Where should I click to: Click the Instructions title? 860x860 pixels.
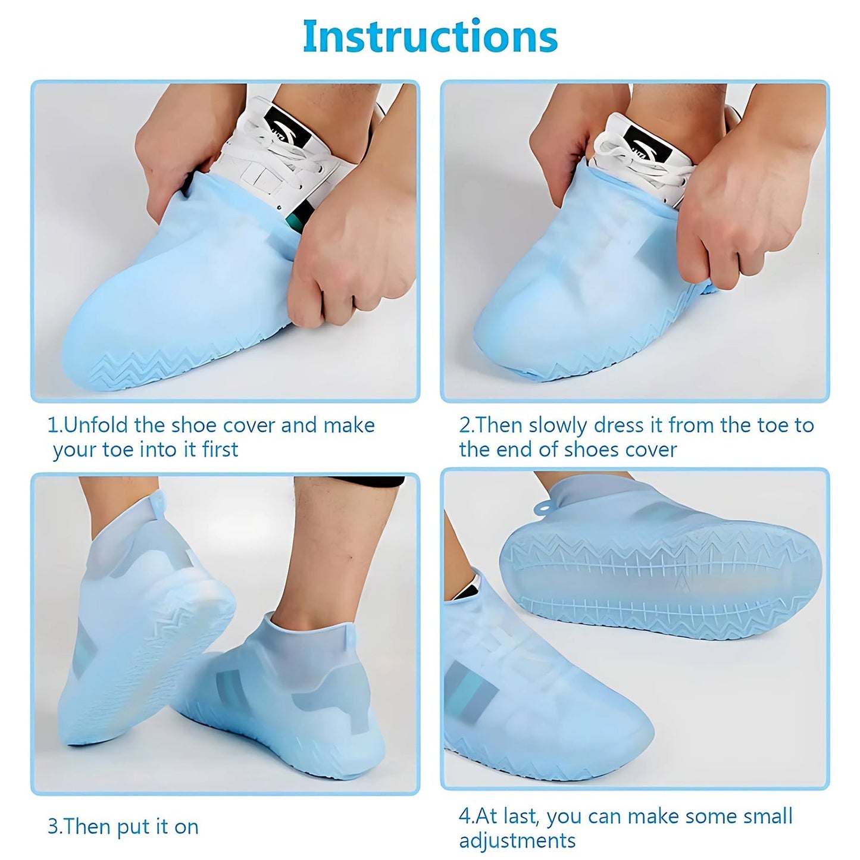pos(430,37)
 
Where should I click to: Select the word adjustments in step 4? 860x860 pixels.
pos(517,840)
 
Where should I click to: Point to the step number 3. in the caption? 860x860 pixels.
pos(55,827)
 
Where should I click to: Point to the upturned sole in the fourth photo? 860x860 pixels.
pos(661,580)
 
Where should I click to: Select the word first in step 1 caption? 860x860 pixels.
pos(220,450)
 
